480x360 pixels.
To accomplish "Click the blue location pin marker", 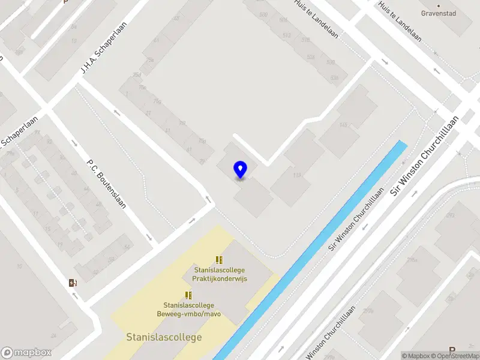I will coord(241,170).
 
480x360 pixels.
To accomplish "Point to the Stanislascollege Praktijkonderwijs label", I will coord(220,274).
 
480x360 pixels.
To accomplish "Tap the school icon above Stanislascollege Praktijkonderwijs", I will coord(220,260).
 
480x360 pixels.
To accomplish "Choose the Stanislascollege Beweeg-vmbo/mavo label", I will coord(188,310).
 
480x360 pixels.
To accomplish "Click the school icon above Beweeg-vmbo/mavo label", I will coord(188,295).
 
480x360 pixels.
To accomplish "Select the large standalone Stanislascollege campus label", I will coord(164,337).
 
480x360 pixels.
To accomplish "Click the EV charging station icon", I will coord(73,283).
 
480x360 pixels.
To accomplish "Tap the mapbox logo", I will coord(26,353).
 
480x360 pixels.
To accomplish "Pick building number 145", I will coord(343,125).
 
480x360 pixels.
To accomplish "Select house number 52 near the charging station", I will coord(127,247).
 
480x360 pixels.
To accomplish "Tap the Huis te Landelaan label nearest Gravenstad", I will coord(400,22).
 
